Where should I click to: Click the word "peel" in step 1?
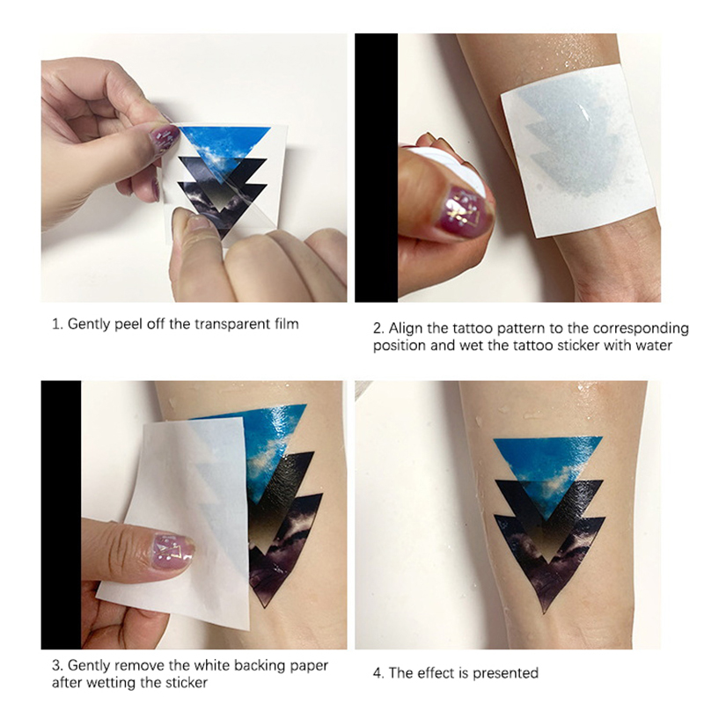tap(128, 324)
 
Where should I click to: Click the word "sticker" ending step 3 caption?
tap(186, 683)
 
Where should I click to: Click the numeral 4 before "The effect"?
tap(378, 673)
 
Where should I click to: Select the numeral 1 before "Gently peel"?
tap(56, 324)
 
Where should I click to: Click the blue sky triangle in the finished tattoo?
tap(547, 467)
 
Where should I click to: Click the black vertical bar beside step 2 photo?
tap(376, 167)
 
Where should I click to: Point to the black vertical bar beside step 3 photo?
tap(61, 515)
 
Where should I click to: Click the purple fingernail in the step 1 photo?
tap(163, 138)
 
